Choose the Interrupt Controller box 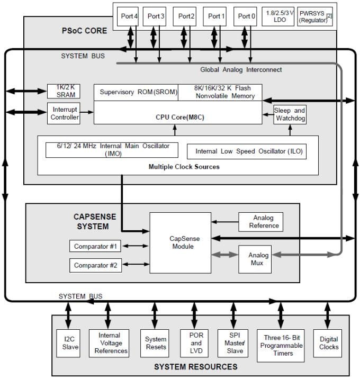click(65, 113)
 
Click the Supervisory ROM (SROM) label click(136, 92)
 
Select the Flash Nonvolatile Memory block click(220, 92)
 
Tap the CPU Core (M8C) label click(178, 116)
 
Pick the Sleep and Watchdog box click(290, 114)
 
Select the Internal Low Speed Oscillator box click(247, 151)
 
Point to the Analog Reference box click(260, 222)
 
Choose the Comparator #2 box click(95, 265)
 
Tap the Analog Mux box click(258, 259)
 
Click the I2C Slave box click(68, 343)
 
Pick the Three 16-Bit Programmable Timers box click(281, 345)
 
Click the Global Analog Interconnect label click(241, 70)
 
